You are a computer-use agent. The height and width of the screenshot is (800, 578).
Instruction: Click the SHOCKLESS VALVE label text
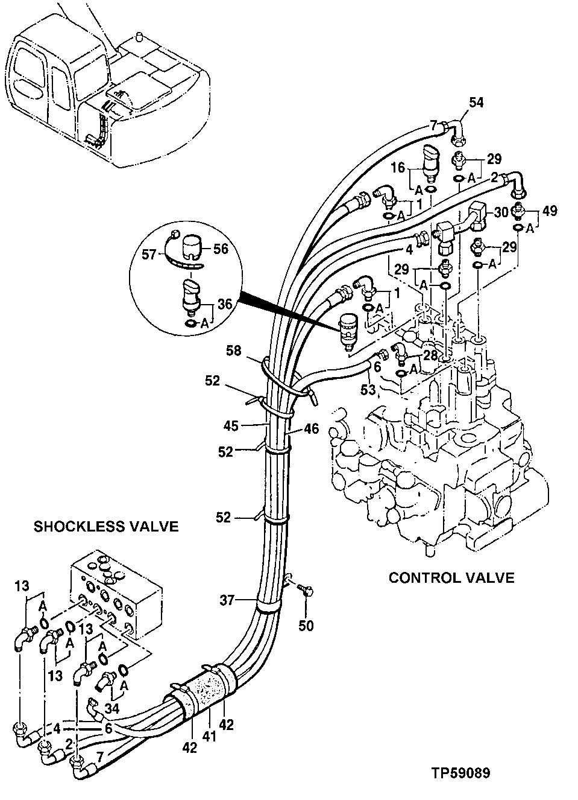point(106,527)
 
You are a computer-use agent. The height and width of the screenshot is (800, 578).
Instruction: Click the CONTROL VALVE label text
point(451,578)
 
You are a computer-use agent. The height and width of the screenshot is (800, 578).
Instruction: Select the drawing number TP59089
point(460,773)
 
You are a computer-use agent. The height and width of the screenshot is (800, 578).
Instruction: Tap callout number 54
point(476,103)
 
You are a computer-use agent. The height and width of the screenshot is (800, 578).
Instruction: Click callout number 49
point(549,211)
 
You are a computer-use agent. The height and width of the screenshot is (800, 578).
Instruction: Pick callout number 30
point(501,212)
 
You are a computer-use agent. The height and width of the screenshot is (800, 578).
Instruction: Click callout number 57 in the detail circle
point(148,256)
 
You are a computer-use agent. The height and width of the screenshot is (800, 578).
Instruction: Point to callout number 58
point(235,350)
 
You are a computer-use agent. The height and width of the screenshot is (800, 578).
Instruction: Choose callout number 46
point(311,430)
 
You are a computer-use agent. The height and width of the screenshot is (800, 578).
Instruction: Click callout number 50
point(306,626)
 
